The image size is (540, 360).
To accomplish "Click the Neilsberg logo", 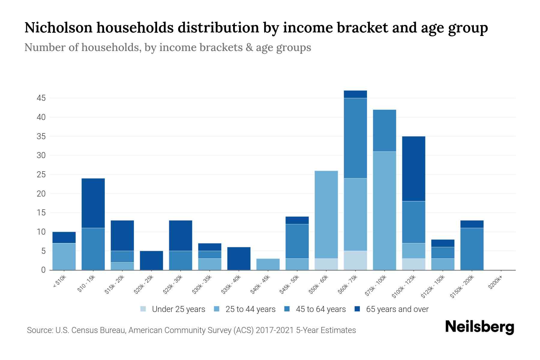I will pos(479,327).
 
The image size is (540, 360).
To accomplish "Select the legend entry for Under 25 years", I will pos(178,309).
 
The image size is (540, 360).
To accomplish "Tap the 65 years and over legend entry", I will pos(397,309).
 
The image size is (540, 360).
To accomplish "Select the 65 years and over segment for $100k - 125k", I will pos(414,169).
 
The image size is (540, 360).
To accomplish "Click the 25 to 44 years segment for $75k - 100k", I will pos(384,211).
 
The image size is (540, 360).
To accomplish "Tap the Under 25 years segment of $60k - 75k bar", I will pos(355,260).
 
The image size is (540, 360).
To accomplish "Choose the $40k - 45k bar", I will pos(268,264).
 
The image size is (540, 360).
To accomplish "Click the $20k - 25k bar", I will pos(151,260).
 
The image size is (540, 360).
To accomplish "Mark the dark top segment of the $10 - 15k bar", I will pos(93,203).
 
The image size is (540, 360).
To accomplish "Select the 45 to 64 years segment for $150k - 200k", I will pos(472,249).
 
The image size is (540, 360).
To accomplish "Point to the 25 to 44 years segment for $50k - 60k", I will pos(326,214).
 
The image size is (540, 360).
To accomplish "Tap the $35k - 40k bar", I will pos(239,259).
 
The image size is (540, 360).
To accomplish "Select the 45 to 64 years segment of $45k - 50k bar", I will pos(297,241).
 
